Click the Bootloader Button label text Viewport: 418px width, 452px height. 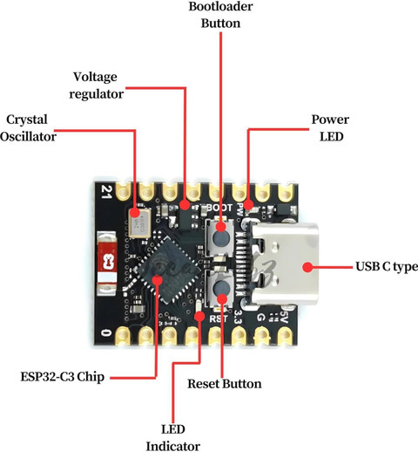pyautogui.click(x=220, y=15)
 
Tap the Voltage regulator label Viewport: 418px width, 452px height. pyautogui.click(x=96, y=86)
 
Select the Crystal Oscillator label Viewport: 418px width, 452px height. pyautogui.click(x=28, y=128)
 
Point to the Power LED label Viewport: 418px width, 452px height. pyautogui.click(x=330, y=128)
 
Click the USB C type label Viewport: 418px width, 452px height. pyautogui.click(x=387, y=266)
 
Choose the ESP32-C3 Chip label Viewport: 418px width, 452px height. pyautogui.click(x=63, y=377)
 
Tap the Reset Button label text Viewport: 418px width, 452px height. pyautogui.click(x=225, y=384)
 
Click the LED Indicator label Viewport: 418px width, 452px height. pyautogui.click(x=173, y=437)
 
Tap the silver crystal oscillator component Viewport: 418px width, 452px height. pyautogui.click(x=140, y=223)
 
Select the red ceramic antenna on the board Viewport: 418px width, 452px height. pyautogui.click(x=107, y=263)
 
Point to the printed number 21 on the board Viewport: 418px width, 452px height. pyautogui.click(x=106, y=192)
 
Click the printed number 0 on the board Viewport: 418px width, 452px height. pyautogui.click(x=106, y=332)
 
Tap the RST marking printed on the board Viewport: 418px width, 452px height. pyautogui.click(x=218, y=318)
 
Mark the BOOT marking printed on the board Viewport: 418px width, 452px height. pyautogui.click(x=219, y=208)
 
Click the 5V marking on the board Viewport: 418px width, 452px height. pyautogui.click(x=284, y=317)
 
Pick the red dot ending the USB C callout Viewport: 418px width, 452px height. pyautogui.click(x=307, y=267)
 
